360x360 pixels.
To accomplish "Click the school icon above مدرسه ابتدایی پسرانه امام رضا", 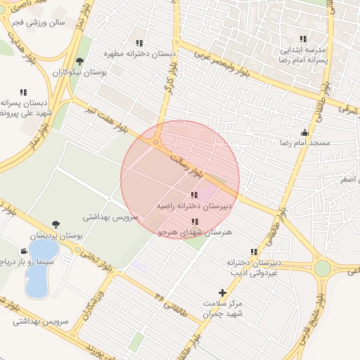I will [x=302, y=39].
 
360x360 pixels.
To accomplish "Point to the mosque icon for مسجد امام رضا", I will [x=304, y=132].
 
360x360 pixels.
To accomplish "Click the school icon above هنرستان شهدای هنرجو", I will [x=195, y=221].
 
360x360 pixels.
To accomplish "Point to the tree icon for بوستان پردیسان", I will [x=56, y=225].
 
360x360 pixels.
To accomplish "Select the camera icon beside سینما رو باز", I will [x=25, y=251].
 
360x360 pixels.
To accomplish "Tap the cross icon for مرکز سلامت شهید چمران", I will [x=223, y=292].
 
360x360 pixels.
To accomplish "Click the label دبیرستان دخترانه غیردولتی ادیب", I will [x=252, y=267].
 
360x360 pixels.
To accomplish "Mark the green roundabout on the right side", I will [x=322, y=268].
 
